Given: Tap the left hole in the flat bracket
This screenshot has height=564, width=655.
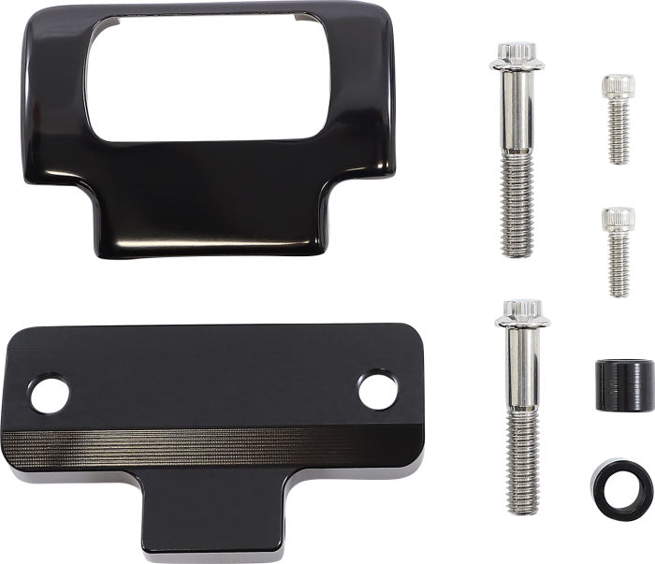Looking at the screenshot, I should [47, 394].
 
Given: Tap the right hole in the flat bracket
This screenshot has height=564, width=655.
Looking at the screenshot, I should [373, 391].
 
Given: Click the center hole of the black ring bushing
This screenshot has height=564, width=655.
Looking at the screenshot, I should [617, 487].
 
